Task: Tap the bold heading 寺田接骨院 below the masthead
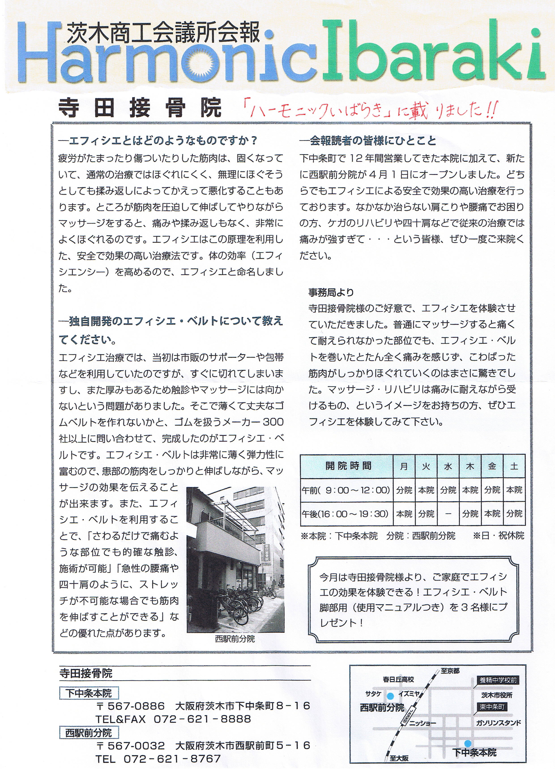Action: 139,108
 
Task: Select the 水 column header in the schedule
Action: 448,466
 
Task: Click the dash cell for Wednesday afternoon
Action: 448,514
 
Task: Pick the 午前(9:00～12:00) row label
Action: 346,490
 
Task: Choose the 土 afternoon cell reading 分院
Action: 514,514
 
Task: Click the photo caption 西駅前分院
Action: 235,639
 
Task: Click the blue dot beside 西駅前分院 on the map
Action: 391,695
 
